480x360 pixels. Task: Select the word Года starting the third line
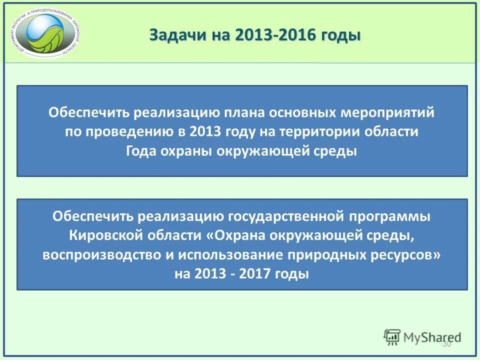point(141,151)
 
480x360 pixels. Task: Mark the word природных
point(330,255)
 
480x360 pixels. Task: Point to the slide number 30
point(446,344)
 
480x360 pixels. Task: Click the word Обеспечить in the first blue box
point(88,112)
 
